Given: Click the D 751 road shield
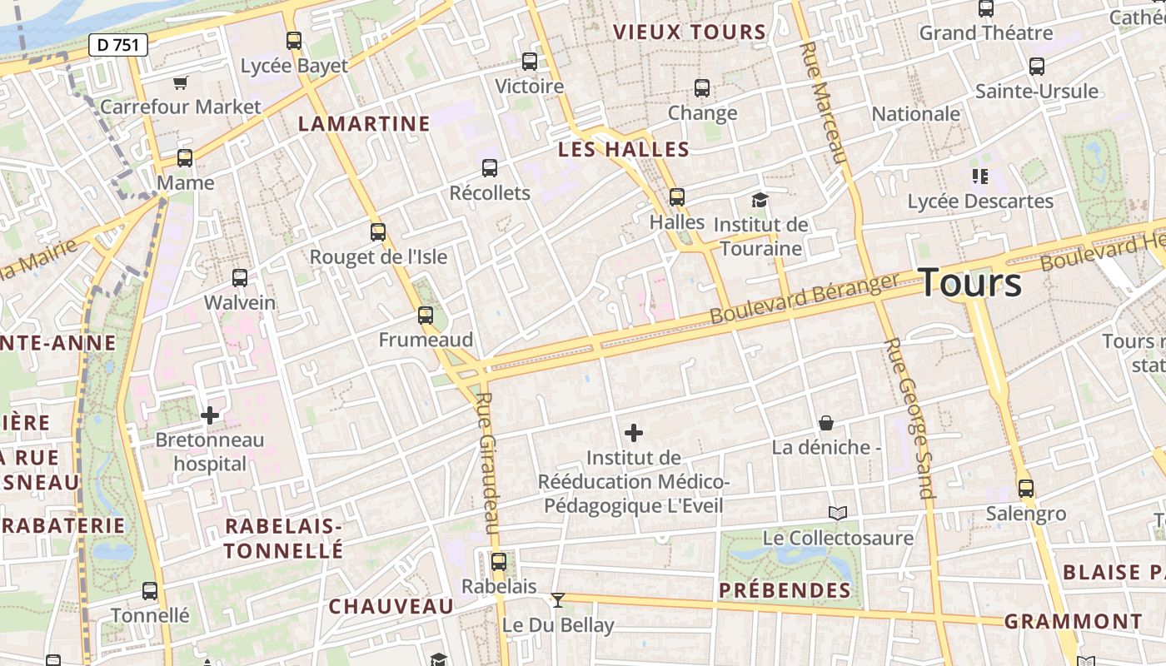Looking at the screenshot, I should pos(117,45).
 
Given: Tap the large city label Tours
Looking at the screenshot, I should pos(970,283).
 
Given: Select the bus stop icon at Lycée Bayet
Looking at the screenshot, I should pos(293,40).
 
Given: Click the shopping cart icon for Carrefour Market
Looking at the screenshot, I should pos(181,82).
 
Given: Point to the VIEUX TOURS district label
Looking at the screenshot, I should pos(689,32).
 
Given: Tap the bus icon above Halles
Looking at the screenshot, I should pos(677,197).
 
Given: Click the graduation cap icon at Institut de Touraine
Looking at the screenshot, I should pos(760,200).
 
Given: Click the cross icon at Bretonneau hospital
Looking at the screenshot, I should pos(210,415).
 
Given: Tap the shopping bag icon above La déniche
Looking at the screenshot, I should pos(826,423).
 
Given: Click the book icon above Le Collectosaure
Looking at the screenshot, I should pos(838,513).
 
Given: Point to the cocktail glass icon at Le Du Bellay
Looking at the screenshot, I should pos(558,600).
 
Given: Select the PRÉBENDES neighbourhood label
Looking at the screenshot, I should pos(785,591).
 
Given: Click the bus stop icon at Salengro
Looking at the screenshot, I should pos(1026,489).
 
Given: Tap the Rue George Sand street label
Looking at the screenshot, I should pos(909,417).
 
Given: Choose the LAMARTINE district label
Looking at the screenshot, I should pos(364,124).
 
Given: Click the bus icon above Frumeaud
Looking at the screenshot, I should pos(426,316).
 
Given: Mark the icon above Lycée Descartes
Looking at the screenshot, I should pos(980,176).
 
